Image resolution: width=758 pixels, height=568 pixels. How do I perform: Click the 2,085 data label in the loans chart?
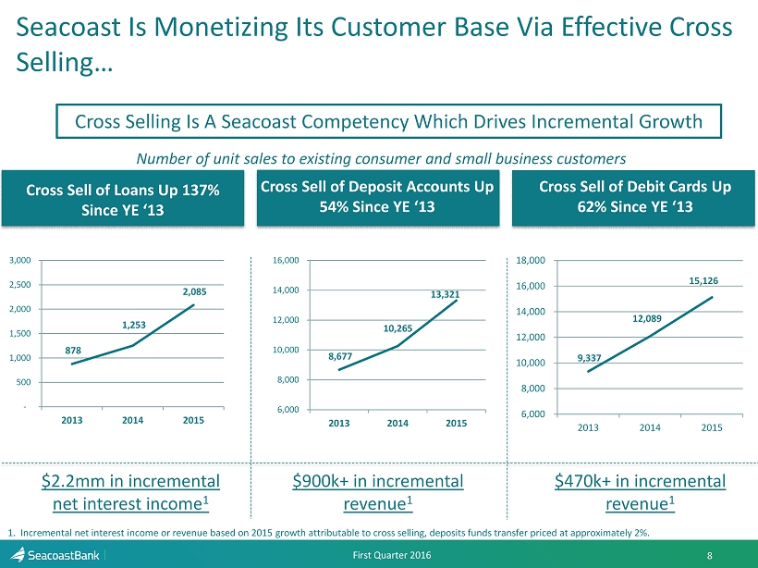(x=195, y=291)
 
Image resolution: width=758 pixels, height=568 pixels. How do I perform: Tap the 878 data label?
(x=73, y=351)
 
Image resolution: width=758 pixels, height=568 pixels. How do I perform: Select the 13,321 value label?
(x=446, y=294)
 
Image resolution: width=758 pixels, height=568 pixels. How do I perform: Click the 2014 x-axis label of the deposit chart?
(x=397, y=423)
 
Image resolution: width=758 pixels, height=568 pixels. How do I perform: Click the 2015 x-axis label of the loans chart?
(x=193, y=420)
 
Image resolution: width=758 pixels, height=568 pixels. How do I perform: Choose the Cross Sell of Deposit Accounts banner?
(x=377, y=196)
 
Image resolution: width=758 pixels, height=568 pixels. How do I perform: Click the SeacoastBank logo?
(x=57, y=554)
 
